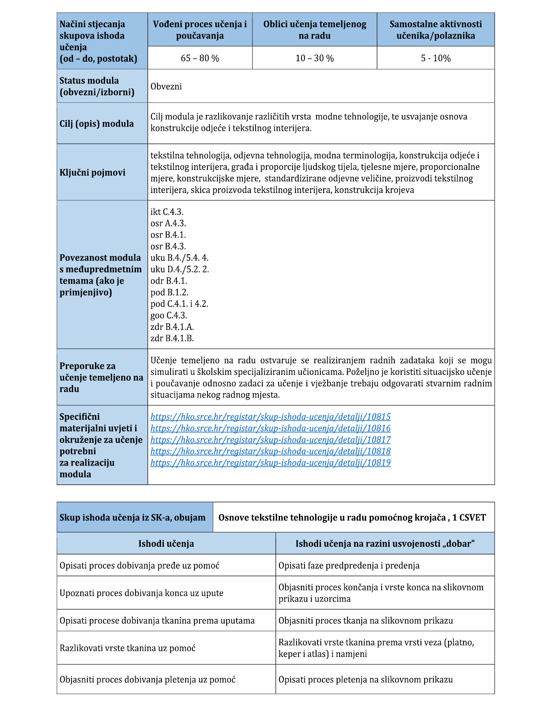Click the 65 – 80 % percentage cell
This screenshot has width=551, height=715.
point(200,58)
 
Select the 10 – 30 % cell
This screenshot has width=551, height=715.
point(314,58)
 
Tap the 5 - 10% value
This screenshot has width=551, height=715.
point(436,58)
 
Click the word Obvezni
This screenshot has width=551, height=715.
point(166,86)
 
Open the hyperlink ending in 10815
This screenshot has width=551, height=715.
point(270,417)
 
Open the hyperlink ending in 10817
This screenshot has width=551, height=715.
point(270,440)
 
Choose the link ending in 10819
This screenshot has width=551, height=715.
point(270,463)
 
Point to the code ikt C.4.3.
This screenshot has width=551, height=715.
point(167,212)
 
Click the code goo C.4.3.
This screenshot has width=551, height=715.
point(169,315)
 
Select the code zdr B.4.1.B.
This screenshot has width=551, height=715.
point(172,338)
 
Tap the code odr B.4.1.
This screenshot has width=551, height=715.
point(169,281)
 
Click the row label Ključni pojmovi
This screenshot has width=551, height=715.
point(92,172)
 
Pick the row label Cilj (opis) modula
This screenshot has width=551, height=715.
point(97,123)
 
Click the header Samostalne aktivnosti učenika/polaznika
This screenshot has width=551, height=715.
point(436,30)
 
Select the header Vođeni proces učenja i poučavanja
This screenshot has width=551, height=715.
point(200,30)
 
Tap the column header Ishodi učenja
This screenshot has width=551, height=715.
point(166,544)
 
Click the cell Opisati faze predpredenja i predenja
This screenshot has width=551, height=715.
point(349,565)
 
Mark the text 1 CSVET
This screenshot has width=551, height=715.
point(469,517)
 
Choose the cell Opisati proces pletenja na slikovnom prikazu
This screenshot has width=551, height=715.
point(365,679)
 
